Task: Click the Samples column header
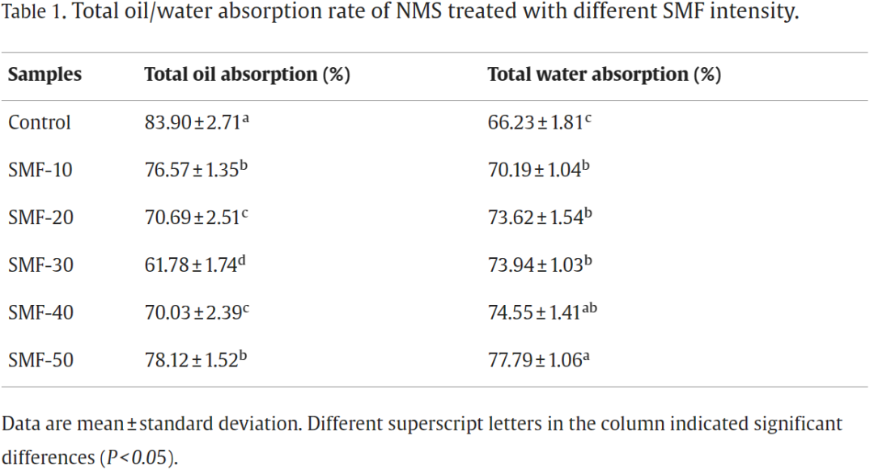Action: coord(45,74)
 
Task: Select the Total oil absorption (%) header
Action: coord(247,74)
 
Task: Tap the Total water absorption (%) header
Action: coord(604,74)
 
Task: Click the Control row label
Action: coord(40,122)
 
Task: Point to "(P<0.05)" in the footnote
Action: coord(137,457)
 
